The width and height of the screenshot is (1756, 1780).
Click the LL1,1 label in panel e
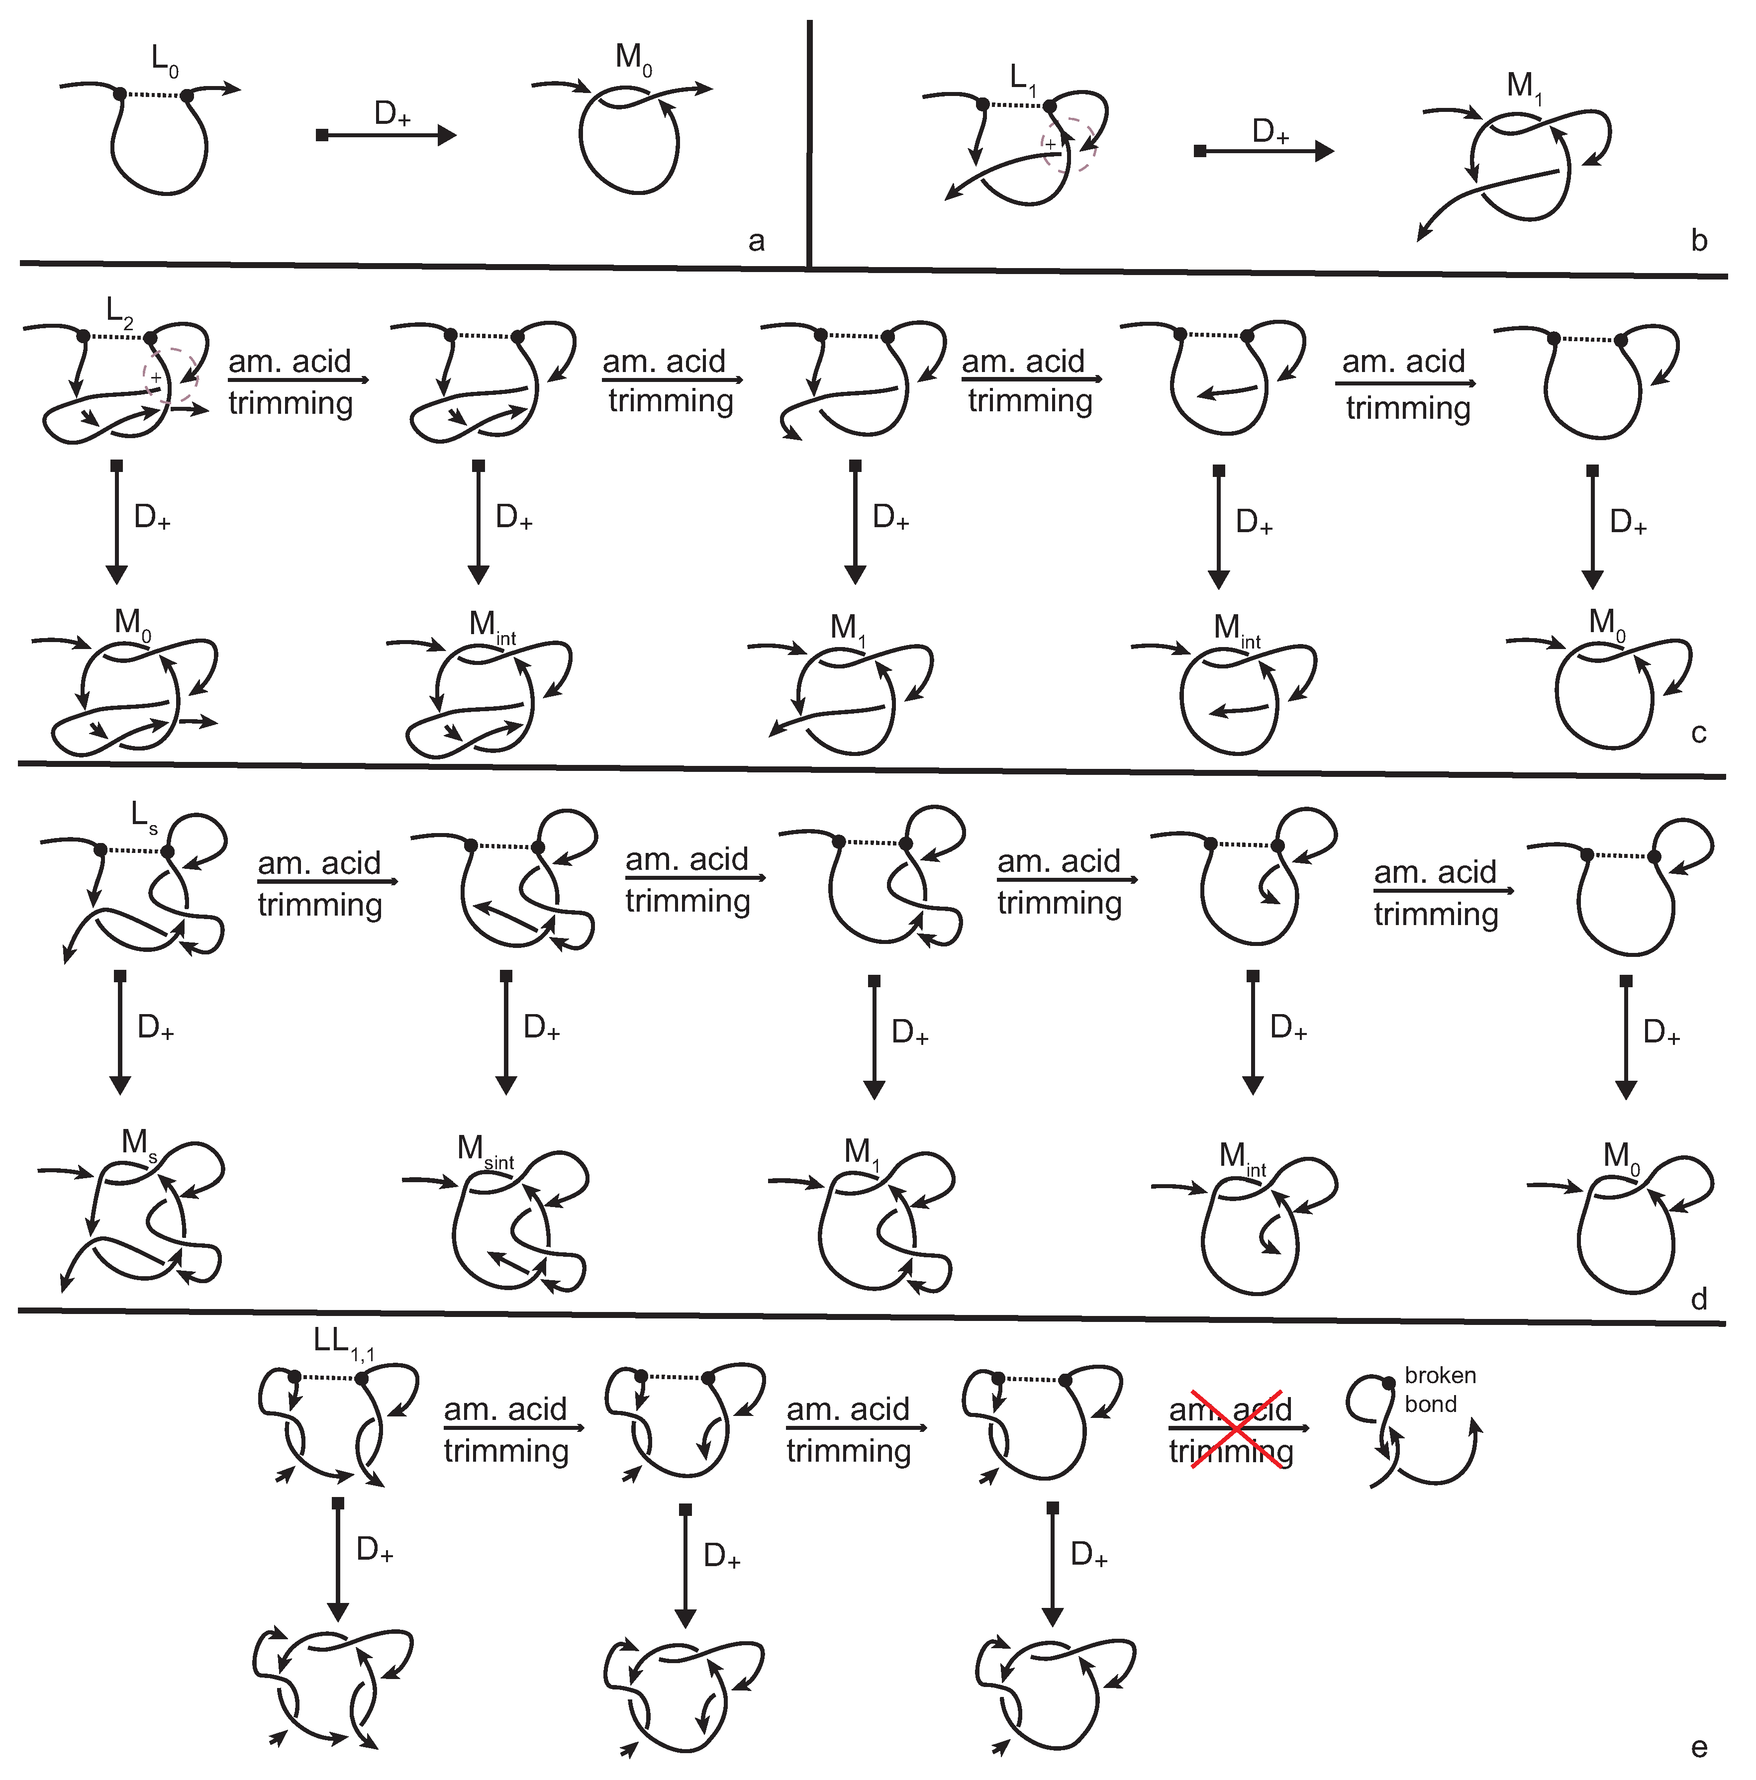click(x=343, y=1342)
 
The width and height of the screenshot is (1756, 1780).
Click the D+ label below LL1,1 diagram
click(x=374, y=1550)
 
